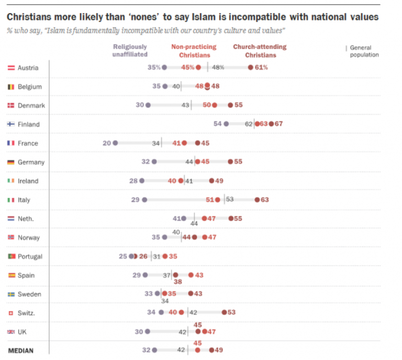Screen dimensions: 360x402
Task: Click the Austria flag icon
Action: click(11, 68)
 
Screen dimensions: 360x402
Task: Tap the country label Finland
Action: click(29, 124)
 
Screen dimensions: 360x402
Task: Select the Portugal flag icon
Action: click(11, 256)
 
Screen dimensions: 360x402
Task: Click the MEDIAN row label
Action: click(21, 351)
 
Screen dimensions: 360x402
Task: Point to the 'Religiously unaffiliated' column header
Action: click(130, 50)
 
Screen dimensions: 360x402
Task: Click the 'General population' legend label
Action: click(364, 51)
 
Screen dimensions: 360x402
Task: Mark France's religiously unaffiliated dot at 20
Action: click(115, 143)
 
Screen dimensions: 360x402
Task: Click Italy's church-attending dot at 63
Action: click(257, 200)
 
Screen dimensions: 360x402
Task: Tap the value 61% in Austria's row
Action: click(262, 68)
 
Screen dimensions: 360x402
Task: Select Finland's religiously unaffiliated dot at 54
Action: click(226, 124)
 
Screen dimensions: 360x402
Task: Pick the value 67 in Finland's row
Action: click(279, 124)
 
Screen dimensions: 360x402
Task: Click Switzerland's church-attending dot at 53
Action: click(224, 313)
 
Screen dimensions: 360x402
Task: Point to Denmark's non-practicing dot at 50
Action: click(214, 105)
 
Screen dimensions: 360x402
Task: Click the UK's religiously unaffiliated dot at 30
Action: click(148, 332)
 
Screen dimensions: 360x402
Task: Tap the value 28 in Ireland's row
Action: click(133, 181)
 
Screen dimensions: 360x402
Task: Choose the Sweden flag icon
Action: click(11, 294)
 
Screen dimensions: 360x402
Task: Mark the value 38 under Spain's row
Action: click(178, 281)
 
